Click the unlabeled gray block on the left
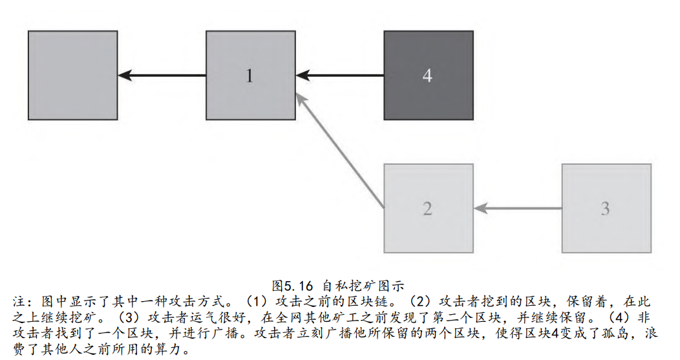[x=73, y=76]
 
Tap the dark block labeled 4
[x=428, y=76]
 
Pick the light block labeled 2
[x=428, y=208]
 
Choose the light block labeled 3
[x=605, y=208]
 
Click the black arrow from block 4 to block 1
[x=340, y=76]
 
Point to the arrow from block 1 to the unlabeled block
[x=162, y=76]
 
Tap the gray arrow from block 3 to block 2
[x=517, y=208]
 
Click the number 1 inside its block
[x=250, y=76]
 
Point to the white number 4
[x=427, y=76]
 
